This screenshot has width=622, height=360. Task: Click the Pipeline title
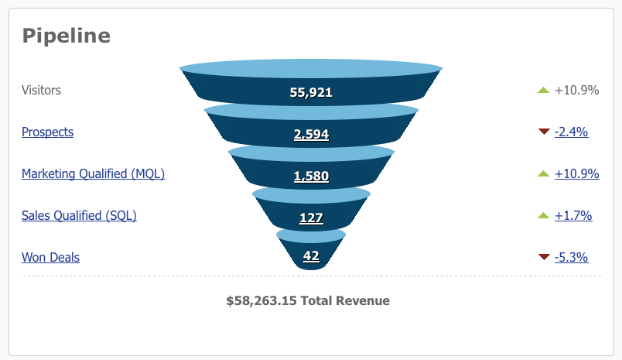tap(66, 36)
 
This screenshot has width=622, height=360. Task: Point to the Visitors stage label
tap(41, 90)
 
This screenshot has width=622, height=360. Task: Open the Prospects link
tap(47, 132)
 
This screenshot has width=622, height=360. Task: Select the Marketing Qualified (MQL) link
tap(93, 173)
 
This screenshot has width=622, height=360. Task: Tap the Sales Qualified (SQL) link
tap(79, 215)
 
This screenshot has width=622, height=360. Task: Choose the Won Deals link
tap(50, 257)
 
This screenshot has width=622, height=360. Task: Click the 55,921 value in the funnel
tap(311, 92)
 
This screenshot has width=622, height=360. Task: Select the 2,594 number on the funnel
tap(311, 134)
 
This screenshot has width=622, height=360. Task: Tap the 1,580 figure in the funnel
tap(311, 176)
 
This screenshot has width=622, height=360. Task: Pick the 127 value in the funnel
tap(311, 218)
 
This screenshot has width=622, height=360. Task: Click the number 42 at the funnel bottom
tap(311, 255)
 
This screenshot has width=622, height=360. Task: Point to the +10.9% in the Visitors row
tap(576, 90)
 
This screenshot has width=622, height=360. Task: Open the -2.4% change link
tap(571, 132)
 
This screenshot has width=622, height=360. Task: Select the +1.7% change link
tap(573, 215)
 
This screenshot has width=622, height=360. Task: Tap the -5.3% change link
tap(571, 257)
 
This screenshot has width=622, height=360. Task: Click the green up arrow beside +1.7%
tap(543, 215)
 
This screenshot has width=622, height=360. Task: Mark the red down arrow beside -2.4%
tap(543, 132)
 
